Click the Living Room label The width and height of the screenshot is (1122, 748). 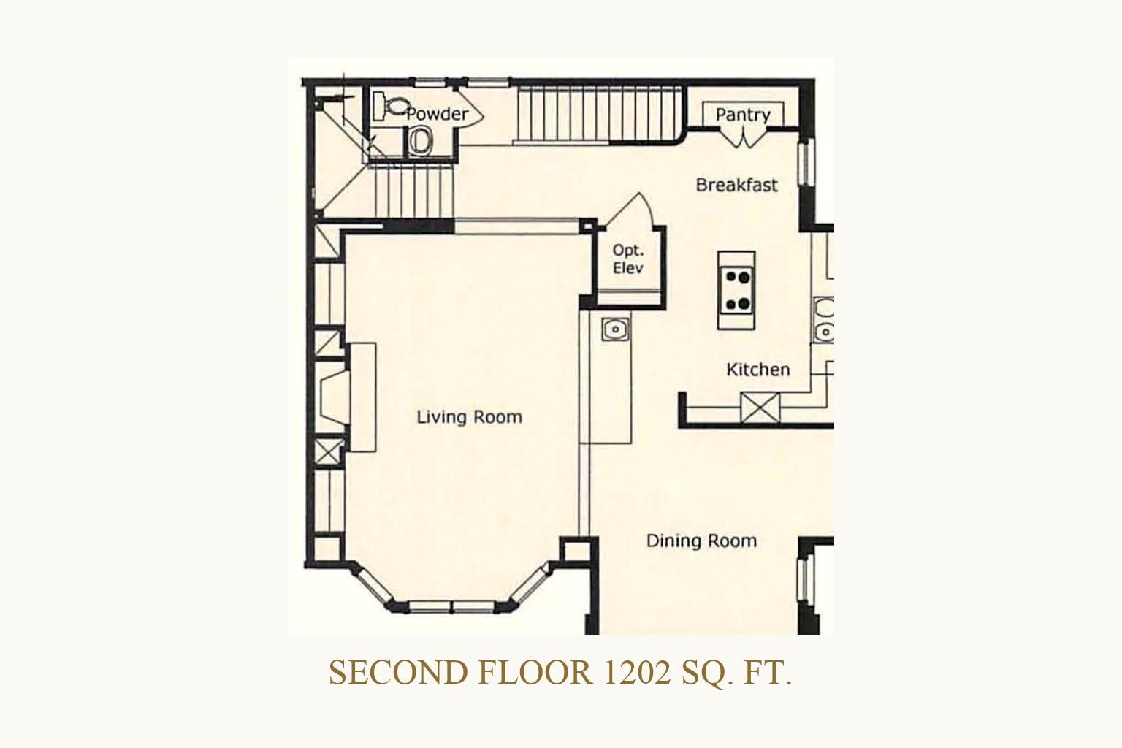tap(470, 417)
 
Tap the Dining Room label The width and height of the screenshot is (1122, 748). tap(701, 541)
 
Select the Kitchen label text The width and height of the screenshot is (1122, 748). tap(757, 370)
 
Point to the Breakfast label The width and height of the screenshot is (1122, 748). tap(737, 186)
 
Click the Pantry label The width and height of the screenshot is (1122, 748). tap(743, 115)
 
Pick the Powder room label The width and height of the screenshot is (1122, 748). tap(438, 114)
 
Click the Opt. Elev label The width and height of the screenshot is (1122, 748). tap(628, 259)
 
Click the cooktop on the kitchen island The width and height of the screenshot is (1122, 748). tap(736, 291)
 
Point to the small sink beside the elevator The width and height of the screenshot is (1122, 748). tap(616, 329)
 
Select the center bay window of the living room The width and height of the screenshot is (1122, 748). tap(452, 606)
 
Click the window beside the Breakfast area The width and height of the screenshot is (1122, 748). tap(806, 162)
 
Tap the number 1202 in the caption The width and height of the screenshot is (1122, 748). tap(637, 673)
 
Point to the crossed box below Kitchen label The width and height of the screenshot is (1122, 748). tap(760, 408)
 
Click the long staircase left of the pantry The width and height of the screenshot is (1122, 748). tap(598, 115)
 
